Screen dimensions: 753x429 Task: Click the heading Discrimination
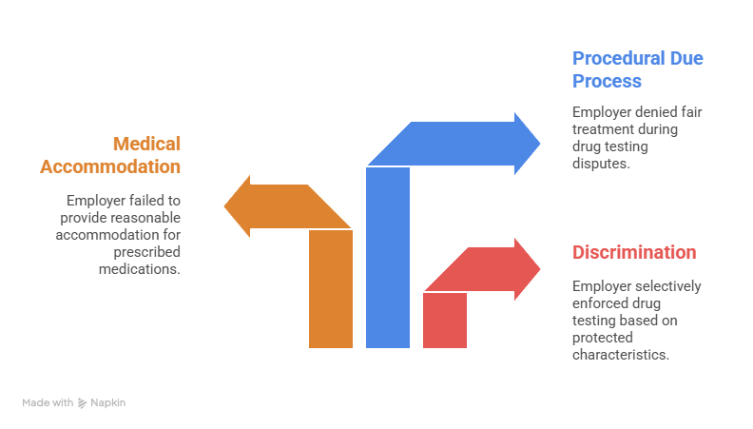[634, 252]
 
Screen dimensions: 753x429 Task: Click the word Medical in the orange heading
[146, 144]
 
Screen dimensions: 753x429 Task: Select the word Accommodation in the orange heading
[110, 166]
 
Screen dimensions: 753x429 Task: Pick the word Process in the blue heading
[607, 81]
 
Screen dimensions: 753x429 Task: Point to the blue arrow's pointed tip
[540, 144]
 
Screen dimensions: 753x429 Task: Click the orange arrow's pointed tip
[224, 206]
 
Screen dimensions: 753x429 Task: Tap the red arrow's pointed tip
[540, 269]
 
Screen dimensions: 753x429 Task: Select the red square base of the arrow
[445, 321]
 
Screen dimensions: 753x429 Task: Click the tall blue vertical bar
[388, 258]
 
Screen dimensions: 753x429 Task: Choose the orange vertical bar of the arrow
[331, 289]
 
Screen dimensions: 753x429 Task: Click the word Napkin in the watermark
[108, 402]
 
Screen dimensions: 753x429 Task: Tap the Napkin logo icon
[82, 403]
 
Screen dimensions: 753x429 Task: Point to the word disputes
[601, 164]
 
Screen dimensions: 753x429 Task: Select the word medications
[139, 269]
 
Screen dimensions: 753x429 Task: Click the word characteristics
[621, 355]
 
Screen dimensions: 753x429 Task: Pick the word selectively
[669, 286]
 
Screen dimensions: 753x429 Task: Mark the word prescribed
[147, 252]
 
